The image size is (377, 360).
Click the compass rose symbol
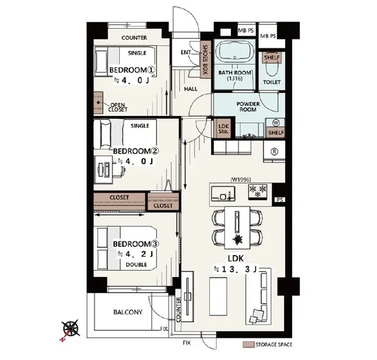[x=71, y=328]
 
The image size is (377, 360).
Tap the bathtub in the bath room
[x=235, y=52]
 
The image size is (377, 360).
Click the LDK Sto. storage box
[x=223, y=129]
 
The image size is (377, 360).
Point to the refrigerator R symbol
[x=275, y=152]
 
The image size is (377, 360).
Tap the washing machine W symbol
[x=276, y=123]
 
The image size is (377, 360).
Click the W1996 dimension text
[x=241, y=179]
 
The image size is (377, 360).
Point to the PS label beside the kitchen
[x=280, y=200]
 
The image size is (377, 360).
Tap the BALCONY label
[x=128, y=312]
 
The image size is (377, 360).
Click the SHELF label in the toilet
[x=272, y=57]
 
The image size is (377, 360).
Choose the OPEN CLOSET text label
[x=117, y=107]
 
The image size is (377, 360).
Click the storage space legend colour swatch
[x=248, y=344]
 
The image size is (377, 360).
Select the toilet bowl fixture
[x=272, y=68]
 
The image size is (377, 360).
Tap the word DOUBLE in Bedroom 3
[x=136, y=265]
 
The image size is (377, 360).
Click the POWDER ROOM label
[x=248, y=107]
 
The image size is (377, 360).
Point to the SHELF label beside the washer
[x=276, y=132]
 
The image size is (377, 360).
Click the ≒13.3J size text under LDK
[x=235, y=270]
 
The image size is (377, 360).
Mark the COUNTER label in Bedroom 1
[x=134, y=37]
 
